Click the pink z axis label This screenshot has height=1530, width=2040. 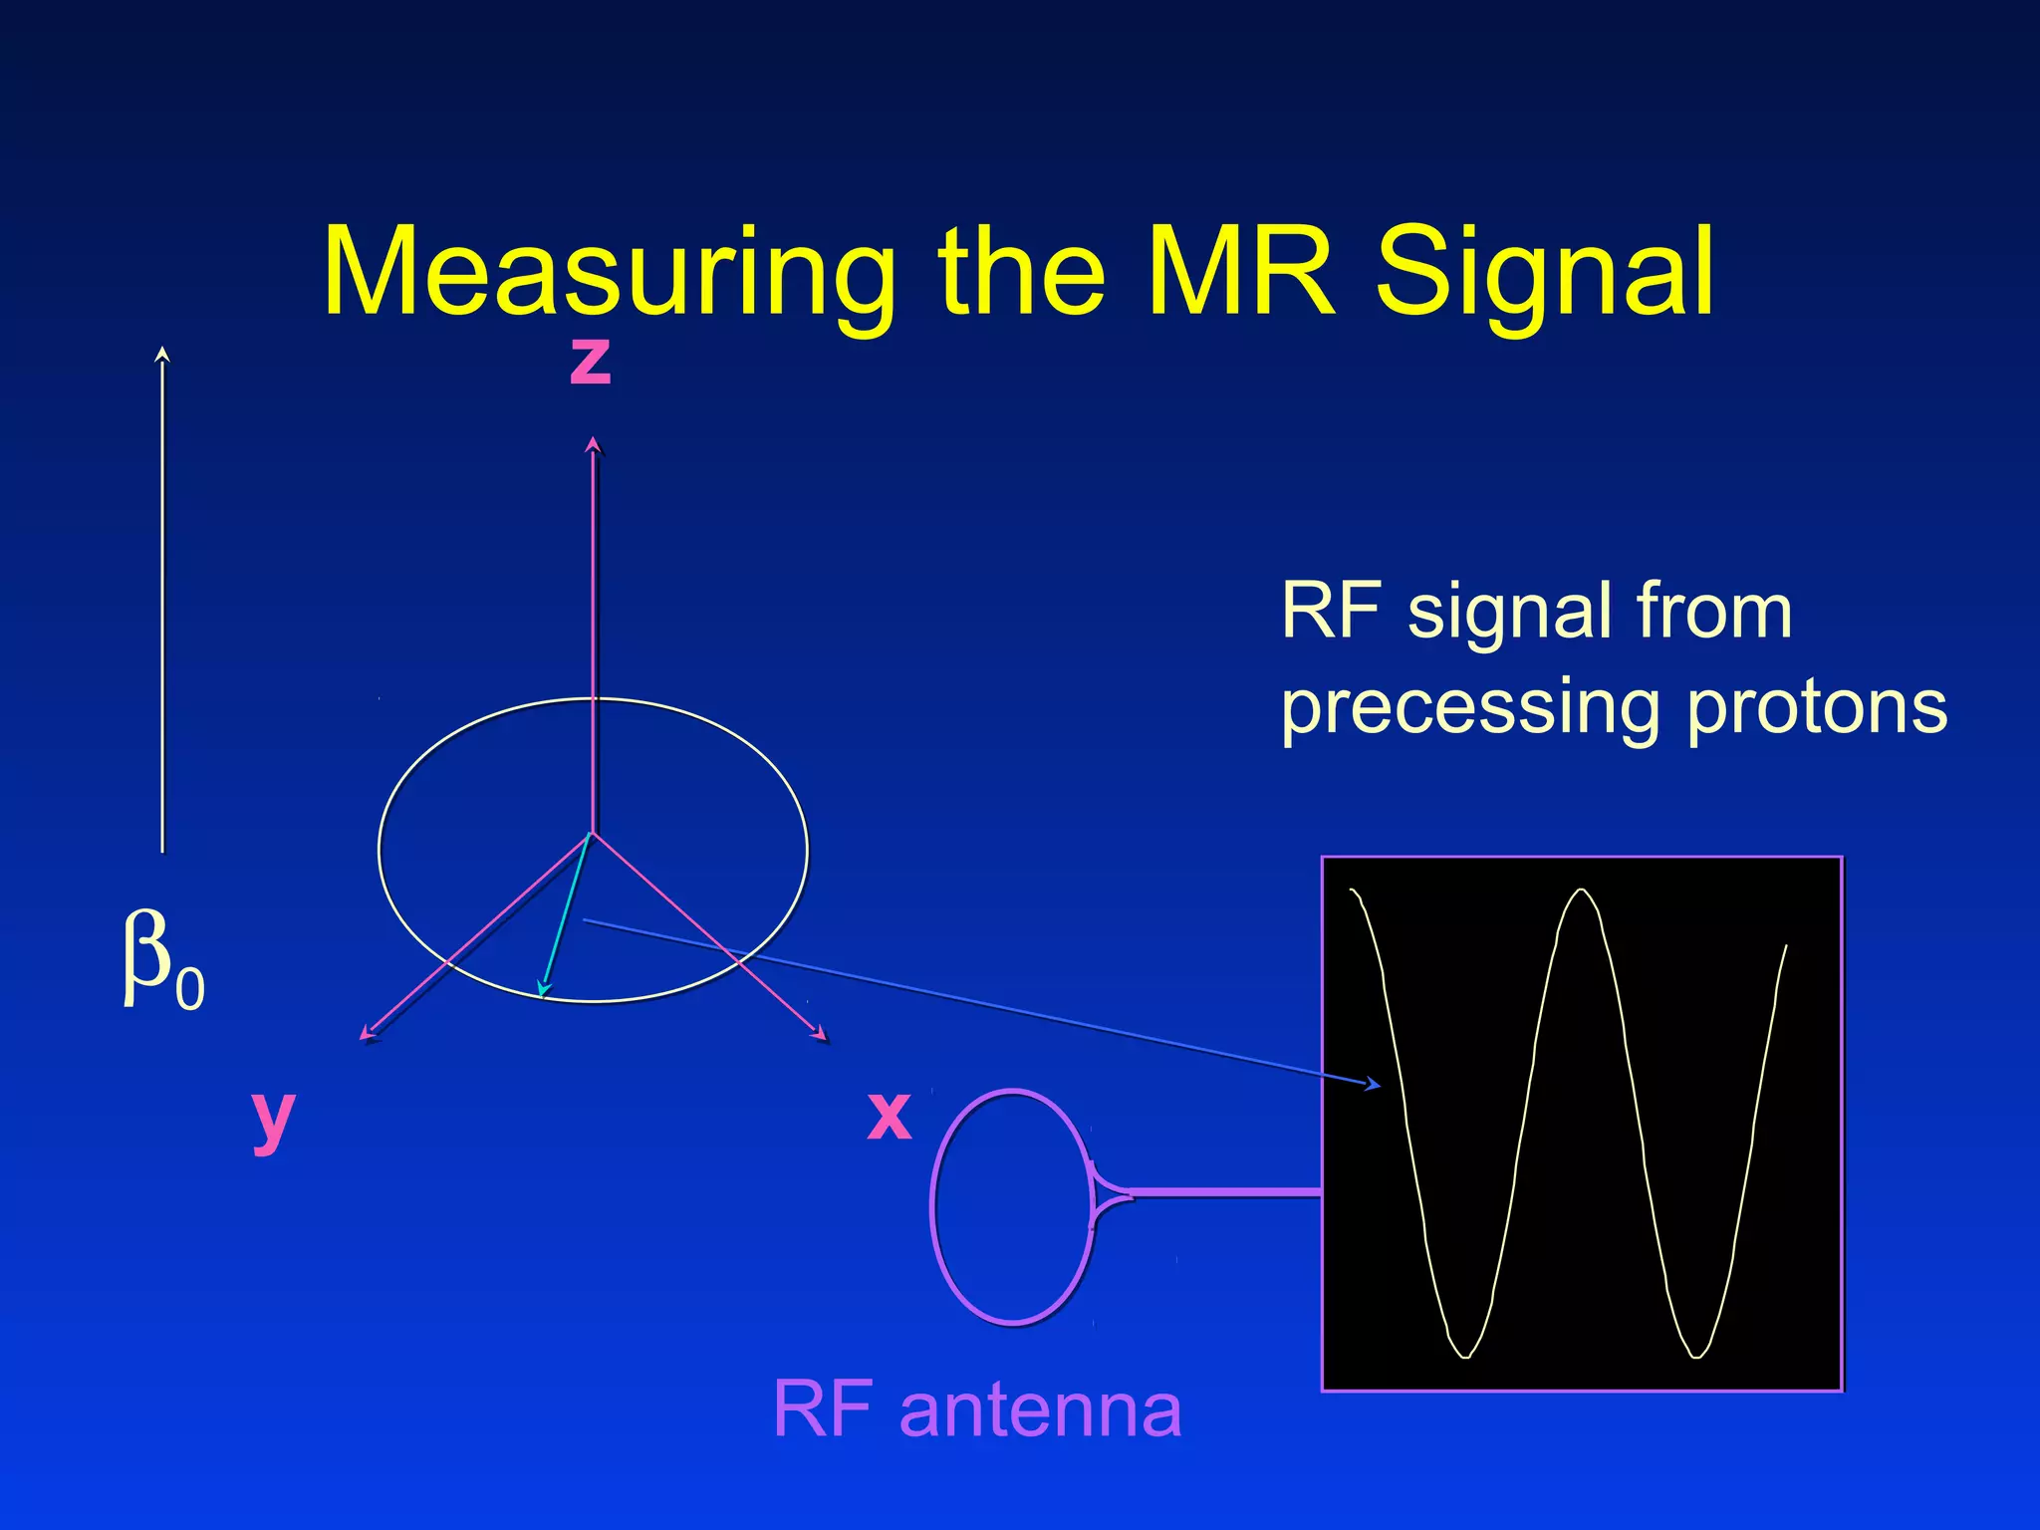(x=590, y=361)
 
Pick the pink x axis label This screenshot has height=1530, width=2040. (x=889, y=1116)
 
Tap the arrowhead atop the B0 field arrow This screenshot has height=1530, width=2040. (x=163, y=353)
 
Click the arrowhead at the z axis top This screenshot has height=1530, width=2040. (x=594, y=444)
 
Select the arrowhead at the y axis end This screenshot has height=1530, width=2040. (x=367, y=1036)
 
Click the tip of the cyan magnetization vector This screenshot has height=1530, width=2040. (x=542, y=991)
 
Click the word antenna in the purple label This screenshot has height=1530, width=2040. (x=1040, y=1410)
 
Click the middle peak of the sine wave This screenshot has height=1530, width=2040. (x=1581, y=892)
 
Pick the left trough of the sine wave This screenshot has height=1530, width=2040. (x=1465, y=1355)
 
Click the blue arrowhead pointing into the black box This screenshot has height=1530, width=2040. (x=1375, y=1085)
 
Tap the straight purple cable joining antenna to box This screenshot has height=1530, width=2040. (x=1225, y=1191)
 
